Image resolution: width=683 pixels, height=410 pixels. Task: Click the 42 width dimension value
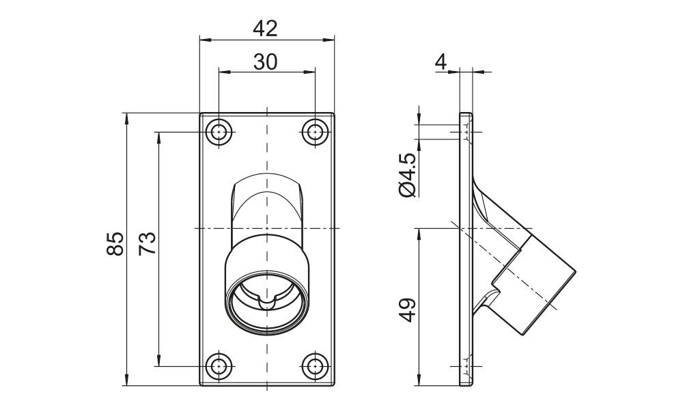pyautogui.click(x=266, y=28)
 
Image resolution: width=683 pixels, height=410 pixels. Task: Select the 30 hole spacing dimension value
pyautogui.click(x=266, y=61)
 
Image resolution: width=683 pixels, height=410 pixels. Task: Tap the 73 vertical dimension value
pyautogui.click(x=147, y=244)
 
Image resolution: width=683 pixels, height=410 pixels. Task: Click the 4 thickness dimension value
pyautogui.click(x=441, y=62)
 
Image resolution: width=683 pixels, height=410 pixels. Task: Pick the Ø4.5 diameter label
pyautogui.click(x=407, y=176)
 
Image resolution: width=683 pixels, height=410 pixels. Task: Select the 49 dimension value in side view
pyautogui.click(x=407, y=310)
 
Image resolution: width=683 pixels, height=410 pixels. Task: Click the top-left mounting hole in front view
pyautogui.click(x=219, y=132)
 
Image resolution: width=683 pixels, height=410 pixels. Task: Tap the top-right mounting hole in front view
pyautogui.click(x=314, y=132)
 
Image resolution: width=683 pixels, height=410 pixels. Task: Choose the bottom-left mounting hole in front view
pyautogui.click(x=219, y=366)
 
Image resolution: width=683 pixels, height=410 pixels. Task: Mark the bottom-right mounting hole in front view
pyautogui.click(x=314, y=366)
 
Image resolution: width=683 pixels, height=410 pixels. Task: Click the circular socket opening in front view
pyautogui.click(x=267, y=301)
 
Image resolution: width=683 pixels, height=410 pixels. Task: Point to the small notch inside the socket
pyautogui.click(x=267, y=301)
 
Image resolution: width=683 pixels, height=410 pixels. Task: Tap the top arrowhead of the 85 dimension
pyautogui.click(x=127, y=118)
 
